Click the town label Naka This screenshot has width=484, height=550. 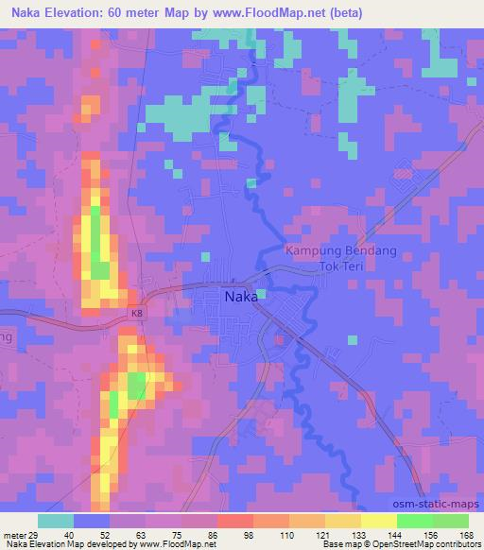243,295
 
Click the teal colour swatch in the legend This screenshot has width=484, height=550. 56,521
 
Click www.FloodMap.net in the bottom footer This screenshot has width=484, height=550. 178,544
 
